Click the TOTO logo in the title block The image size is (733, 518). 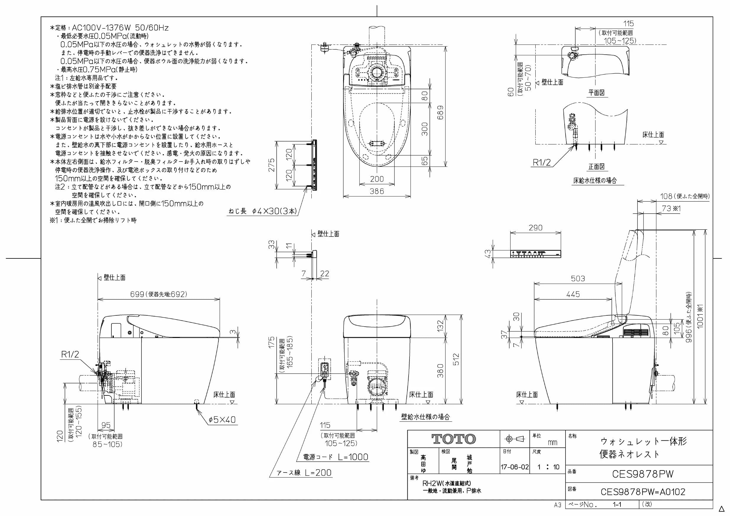pos(454,439)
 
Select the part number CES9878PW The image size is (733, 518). pos(643,474)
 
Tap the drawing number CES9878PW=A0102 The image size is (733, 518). pos(643,492)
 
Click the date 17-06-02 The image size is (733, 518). pos(515,467)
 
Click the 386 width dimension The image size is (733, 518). pos(377,191)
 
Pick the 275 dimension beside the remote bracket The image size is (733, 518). pos(271,165)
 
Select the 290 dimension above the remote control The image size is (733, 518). pos(535,228)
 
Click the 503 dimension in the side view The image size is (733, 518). pos(578,278)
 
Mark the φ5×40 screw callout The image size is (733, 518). pos(222,419)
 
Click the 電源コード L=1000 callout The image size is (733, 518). pos(336,457)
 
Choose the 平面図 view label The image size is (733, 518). pos(597,92)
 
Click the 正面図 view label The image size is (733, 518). pos(597,167)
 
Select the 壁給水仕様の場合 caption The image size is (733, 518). pos(425,417)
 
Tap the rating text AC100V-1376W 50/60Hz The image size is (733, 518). pos(120,28)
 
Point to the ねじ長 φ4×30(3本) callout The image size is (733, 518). pos(263,211)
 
